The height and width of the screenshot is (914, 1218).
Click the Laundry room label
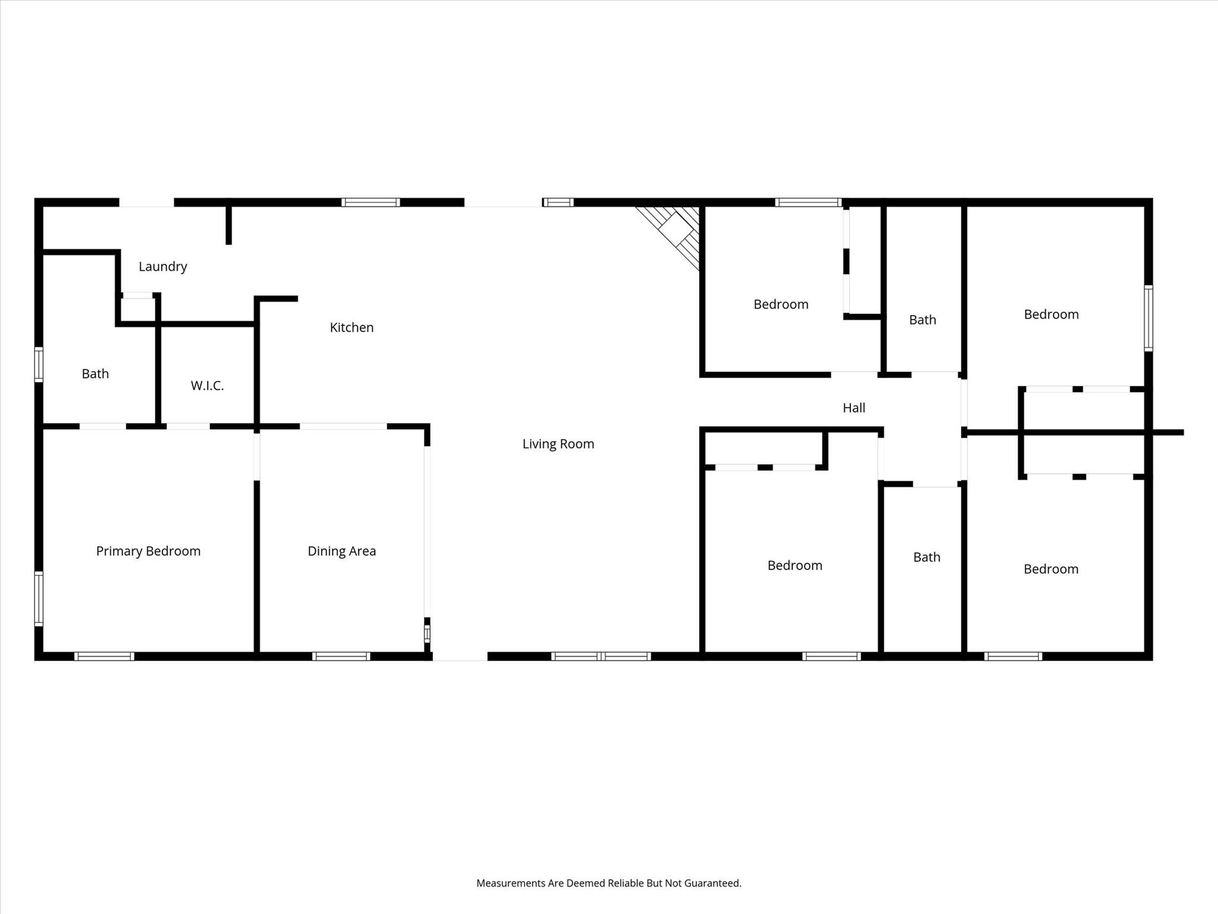pos(163,267)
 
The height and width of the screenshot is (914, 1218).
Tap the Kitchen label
pos(351,327)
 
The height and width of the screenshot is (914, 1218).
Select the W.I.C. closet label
pos(207,386)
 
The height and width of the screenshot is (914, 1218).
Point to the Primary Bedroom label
pos(148,551)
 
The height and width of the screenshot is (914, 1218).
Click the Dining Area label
pos(341,551)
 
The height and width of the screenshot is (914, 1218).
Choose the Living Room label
pos(558,444)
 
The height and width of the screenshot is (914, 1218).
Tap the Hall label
pos(853,408)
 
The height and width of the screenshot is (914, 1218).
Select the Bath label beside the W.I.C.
pos(95,374)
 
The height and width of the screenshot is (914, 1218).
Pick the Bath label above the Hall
pos(922,320)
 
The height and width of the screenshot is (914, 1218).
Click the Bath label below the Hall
pos(927,557)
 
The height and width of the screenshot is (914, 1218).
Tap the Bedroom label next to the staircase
pos(780,305)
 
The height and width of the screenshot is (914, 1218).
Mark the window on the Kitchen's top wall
pos(371,202)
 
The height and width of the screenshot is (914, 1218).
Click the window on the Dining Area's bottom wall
pos(341,656)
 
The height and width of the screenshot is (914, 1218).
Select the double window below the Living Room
pos(601,656)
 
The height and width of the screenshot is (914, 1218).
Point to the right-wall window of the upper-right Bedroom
pos(1148,318)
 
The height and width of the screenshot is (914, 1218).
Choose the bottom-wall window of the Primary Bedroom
pos(104,656)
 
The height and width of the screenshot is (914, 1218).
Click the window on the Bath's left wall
pos(39,364)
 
